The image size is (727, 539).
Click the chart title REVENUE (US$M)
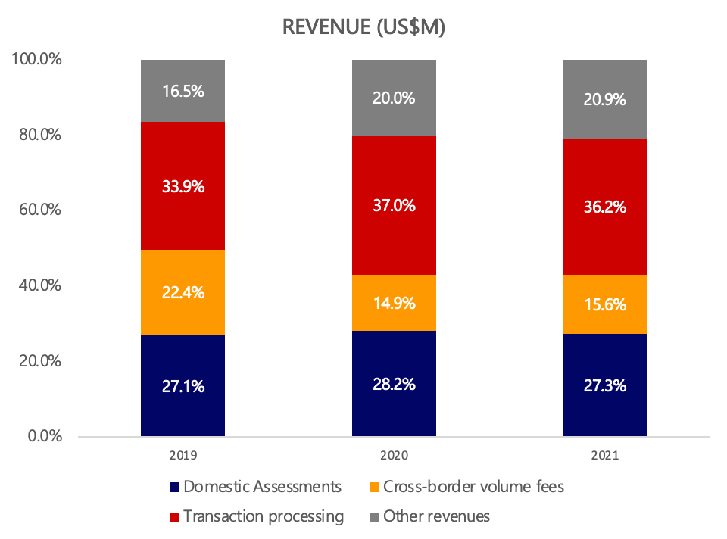coord(363,27)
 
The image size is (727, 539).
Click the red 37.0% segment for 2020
coord(394,220)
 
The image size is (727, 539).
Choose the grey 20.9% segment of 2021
coord(604,110)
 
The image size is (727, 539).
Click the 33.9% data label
coord(183,185)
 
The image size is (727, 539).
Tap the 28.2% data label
coord(394,385)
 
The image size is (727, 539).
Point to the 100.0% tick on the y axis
coord(36,60)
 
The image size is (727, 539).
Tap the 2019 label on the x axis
coord(183,456)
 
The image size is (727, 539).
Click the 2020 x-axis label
coord(394,456)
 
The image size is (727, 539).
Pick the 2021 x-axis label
coord(604,456)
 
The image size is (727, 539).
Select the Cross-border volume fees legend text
coord(473,487)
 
